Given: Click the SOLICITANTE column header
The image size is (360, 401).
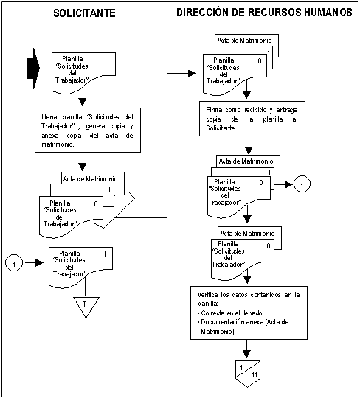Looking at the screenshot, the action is pyautogui.click(x=84, y=13).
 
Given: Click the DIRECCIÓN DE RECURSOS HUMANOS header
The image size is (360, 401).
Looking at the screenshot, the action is pyautogui.click(x=265, y=13).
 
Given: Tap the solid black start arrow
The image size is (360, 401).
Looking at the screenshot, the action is pyautogui.click(x=33, y=69).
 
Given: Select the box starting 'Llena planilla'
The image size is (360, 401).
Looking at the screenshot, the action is pyautogui.click(x=88, y=130).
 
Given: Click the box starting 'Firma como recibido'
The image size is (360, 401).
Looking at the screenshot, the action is pyautogui.click(x=252, y=119).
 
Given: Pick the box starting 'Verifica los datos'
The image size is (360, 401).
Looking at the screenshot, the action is pyautogui.click(x=249, y=313).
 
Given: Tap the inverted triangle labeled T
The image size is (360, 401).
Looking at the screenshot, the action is pyautogui.click(x=86, y=307).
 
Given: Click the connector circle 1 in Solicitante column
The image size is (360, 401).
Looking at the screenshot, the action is pyautogui.click(x=14, y=263).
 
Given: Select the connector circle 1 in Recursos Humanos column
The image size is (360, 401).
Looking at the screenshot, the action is pyautogui.click(x=302, y=184).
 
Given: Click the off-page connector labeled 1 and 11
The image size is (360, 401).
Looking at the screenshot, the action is pyautogui.click(x=248, y=374).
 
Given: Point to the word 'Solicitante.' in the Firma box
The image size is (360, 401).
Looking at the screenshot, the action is pyautogui.click(x=221, y=128).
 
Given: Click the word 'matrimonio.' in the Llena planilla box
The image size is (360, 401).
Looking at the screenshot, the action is pyautogui.click(x=58, y=144).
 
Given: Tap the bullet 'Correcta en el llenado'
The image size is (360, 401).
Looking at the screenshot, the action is pyautogui.click(x=229, y=313).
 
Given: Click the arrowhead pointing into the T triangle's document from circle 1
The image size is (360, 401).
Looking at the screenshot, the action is pyautogui.click(x=39, y=263).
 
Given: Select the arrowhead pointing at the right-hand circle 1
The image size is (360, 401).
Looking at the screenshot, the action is pyautogui.click(x=288, y=184).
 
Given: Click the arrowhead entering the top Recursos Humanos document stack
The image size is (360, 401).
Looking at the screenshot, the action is pyautogui.click(x=192, y=74).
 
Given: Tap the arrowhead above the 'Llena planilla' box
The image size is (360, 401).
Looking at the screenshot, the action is pyautogui.click(x=83, y=102).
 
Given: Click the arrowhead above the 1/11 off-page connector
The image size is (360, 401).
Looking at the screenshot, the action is pyautogui.click(x=246, y=354).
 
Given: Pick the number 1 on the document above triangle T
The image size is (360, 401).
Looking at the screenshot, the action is pyautogui.click(x=105, y=254).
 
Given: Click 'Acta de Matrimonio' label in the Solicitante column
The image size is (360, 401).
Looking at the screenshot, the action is pyautogui.click(x=90, y=179).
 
